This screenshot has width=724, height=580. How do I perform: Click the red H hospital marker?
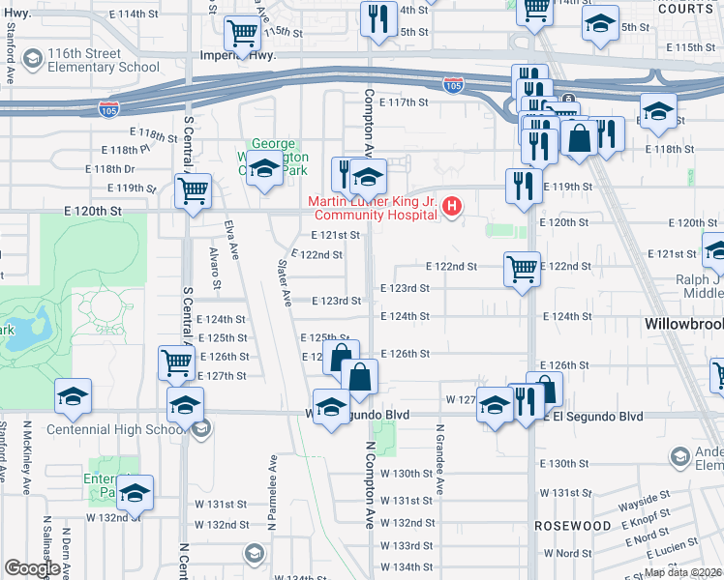(451, 207)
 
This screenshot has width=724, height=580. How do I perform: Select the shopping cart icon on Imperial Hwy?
(241, 35)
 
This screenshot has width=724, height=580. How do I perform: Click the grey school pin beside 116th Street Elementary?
(33, 60)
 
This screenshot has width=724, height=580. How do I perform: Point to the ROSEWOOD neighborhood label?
(573, 526)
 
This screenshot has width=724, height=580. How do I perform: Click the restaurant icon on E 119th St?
(523, 186)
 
